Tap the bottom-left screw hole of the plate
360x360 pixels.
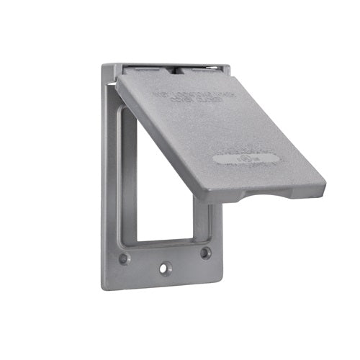(124, 257)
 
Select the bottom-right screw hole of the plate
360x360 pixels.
(206, 253)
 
